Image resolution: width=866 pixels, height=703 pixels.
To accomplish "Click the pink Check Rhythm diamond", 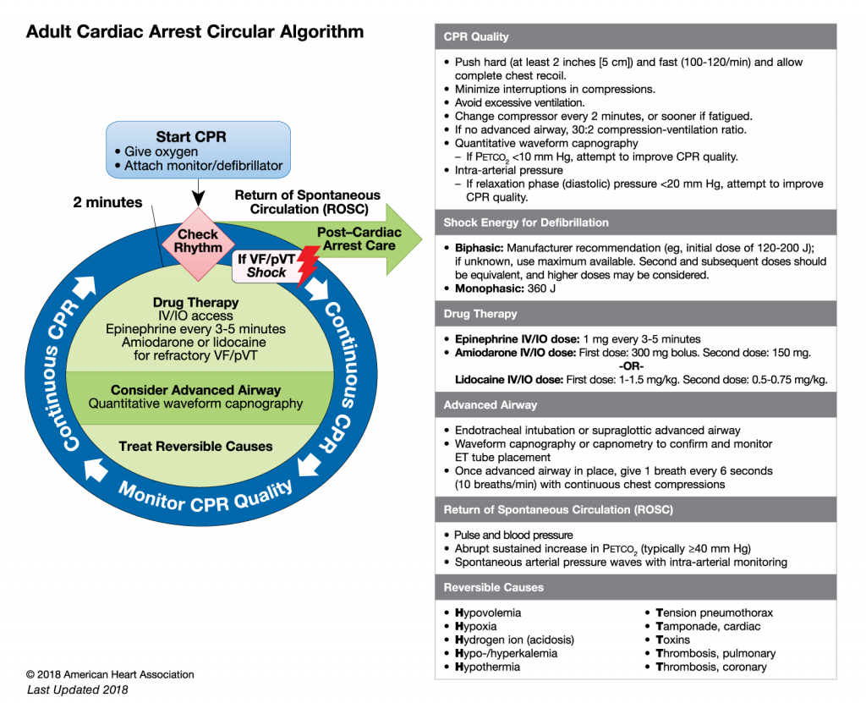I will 197,241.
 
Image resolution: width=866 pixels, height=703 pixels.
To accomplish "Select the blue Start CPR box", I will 199,151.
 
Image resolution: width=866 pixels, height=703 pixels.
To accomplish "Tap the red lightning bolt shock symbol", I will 302,263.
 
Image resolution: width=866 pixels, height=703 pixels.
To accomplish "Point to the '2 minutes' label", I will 107,203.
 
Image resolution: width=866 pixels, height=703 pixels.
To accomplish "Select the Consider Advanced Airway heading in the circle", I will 195,390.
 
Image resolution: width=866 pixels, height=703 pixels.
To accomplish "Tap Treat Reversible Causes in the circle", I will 195,446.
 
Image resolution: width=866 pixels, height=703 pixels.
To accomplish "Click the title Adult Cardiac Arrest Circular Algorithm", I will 195,32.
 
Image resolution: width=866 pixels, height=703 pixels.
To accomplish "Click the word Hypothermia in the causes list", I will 487,667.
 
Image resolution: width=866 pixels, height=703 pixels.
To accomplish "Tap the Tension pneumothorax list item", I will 714,612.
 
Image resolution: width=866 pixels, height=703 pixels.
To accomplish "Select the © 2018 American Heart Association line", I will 110,674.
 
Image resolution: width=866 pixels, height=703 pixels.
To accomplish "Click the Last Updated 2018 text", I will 78,689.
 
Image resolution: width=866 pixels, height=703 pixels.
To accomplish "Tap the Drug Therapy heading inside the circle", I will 195,302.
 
